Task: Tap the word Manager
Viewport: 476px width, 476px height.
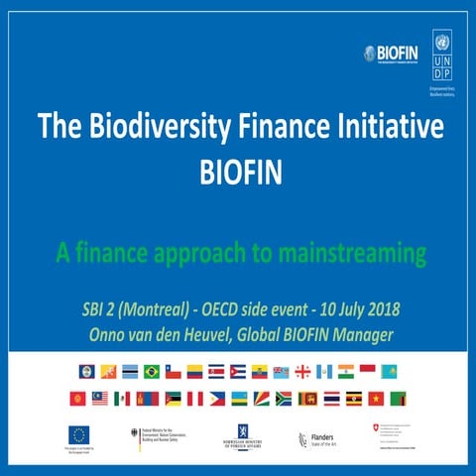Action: (x=362, y=334)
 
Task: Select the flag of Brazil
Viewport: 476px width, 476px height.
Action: (x=151, y=372)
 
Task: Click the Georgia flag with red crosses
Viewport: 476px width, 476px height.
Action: (x=301, y=372)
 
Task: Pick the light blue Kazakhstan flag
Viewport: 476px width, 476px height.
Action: (x=389, y=372)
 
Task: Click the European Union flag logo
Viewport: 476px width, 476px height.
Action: (x=79, y=433)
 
